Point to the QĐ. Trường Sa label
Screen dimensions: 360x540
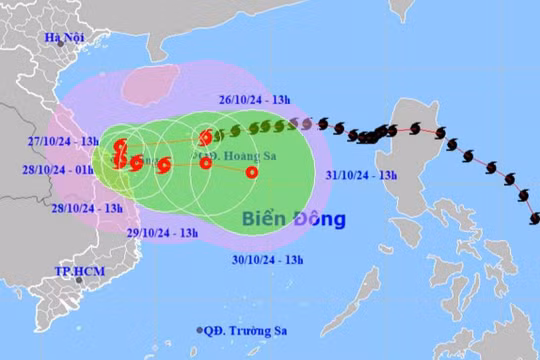tap(244, 330)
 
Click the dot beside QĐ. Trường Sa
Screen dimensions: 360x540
tap(199, 330)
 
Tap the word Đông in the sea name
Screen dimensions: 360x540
tap(321, 219)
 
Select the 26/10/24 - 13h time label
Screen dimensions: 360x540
tap(255, 100)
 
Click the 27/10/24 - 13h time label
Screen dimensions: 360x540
tap(62, 141)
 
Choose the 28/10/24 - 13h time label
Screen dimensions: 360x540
tap(87, 208)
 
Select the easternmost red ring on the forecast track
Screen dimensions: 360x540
tap(251, 172)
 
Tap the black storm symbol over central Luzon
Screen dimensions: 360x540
tap(413, 131)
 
